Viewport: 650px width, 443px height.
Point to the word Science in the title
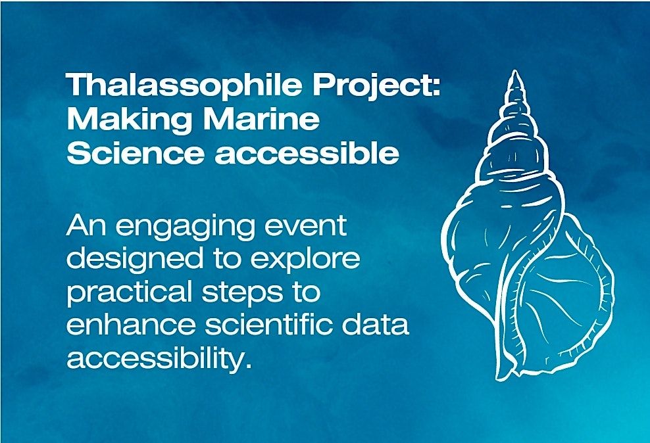[x=136, y=152]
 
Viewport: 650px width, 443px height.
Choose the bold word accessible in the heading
[x=307, y=152]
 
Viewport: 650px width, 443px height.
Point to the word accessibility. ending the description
[x=159, y=359]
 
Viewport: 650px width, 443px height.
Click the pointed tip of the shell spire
[x=515, y=71]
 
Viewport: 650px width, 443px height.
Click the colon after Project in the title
[x=436, y=87]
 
